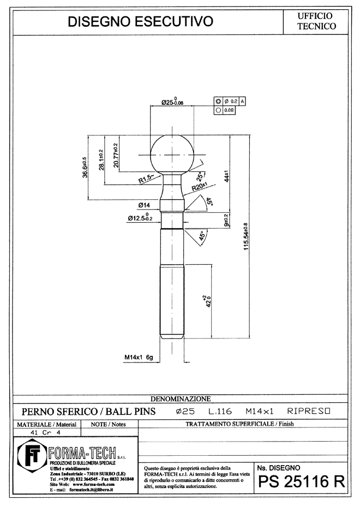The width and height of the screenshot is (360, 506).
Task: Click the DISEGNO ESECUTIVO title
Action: click(x=140, y=22)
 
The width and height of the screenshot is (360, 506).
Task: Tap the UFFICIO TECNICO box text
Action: click(x=316, y=21)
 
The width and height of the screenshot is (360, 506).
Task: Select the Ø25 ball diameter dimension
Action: click(x=172, y=102)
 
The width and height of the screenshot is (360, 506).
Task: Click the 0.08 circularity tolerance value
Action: click(x=229, y=110)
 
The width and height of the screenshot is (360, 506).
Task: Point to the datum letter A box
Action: click(x=242, y=102)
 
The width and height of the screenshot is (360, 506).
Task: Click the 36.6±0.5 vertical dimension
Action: click(x=85, y=168)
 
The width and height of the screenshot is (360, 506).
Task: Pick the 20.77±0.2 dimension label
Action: click(x=116, y=156)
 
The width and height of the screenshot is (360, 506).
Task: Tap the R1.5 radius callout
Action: click(x=146, y=178)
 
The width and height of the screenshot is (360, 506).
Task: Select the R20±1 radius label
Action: click(x=199, y=186)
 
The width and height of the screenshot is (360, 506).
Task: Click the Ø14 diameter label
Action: click(x=144, y=205)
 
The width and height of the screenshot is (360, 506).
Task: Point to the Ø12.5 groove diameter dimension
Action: click(x=140, y=217)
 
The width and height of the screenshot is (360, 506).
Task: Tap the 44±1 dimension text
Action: click(x=226, y=176)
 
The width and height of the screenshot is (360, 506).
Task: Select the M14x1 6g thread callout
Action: click(x=139, y=357)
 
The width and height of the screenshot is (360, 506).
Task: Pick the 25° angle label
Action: click(x=200, y=176)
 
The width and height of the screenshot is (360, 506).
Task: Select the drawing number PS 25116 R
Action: click(x=302, y=482)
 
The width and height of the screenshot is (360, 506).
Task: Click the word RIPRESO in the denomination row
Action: click(x=309, y=411)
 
